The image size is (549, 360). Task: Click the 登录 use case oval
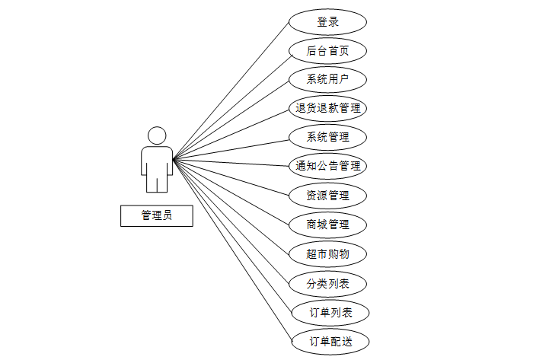(328, 21)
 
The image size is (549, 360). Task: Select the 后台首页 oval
(328, 50)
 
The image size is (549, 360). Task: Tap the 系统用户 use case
(328, 79)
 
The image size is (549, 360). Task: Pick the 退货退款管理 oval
(328, 108)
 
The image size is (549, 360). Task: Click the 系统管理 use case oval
(328, 137)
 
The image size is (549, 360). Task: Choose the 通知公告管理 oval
(328, 166)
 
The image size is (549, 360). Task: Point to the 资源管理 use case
(328, 195)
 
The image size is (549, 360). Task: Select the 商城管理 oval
(328, 225)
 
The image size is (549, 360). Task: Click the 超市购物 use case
(328, 253)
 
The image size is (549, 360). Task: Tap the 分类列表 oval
(328, 283)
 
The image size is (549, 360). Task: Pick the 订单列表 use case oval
(328, 312)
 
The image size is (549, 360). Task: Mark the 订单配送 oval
(328, 341)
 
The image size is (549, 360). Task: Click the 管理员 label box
(157, 215)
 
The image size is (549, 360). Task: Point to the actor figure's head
(157, 135)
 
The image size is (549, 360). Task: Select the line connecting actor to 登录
(231, 91)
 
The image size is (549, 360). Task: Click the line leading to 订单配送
(231, 250)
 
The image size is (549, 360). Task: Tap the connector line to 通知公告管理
(231, 163)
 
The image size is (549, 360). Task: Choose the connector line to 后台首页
(231, 105)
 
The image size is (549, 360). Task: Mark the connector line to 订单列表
(231, 236)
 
